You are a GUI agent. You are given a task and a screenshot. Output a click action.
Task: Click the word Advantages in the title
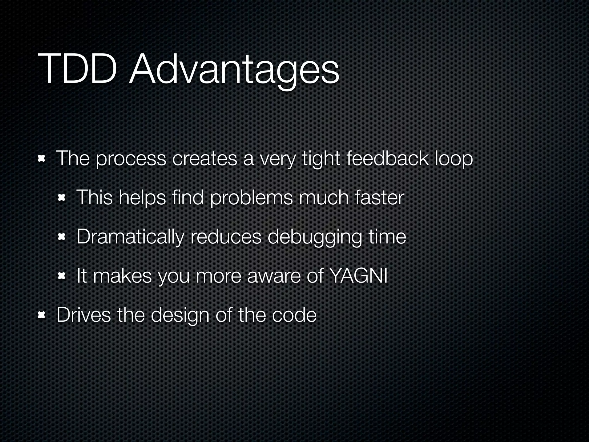tap(234, 71)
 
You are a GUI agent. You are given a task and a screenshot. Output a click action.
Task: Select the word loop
tap(454, 159)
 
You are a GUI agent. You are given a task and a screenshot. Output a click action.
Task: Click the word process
tap(131, 159)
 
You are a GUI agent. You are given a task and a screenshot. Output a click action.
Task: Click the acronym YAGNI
tap(358, 276)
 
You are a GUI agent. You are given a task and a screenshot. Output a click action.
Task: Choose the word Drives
tap(83, 315)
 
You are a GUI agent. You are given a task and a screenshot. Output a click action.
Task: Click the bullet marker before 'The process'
tap(42, 159)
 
